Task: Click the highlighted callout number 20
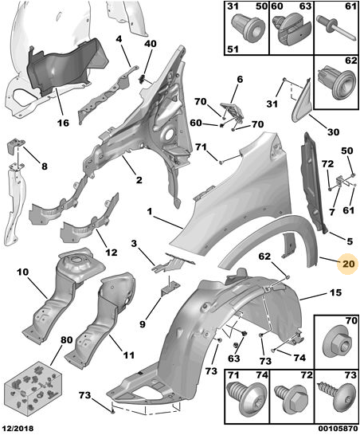tap(348, 263)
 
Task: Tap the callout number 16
tap(63, 123)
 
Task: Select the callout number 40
tap(151, 44)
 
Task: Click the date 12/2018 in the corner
tap(18, 428)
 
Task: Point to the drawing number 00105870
tap(338, 429)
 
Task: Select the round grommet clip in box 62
tap(336, 84)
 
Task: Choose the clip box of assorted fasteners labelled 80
tap(33, 383)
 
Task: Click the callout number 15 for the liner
tap(336, 292)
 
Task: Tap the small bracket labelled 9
tap(169, 288)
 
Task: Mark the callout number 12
tap(111, 253)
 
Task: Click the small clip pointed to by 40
tap(142, 78)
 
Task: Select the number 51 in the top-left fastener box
tap(233, 49)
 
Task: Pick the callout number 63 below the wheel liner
tap(234, 359)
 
